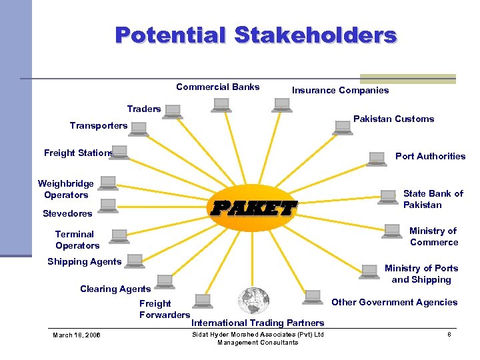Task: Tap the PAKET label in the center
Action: [253, 209]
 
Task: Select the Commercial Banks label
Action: [218, 87]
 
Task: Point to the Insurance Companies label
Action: [340, 90]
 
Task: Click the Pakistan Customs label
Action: [393, 119]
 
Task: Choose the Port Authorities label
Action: [430, 156]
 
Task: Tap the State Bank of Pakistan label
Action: [433, 199]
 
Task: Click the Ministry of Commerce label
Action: [433, 236]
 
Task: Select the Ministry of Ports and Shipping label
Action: [421, 273]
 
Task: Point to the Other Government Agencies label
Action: [394, 302]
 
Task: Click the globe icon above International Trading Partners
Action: [253, 301]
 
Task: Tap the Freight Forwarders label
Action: [164, 309]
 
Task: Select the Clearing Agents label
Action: [115, 289]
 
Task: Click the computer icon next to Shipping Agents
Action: [135, 261]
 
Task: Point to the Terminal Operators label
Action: [77, 239]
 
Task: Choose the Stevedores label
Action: [67, 214]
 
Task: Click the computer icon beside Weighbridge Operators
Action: [107, 183]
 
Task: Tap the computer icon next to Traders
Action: [173, 111]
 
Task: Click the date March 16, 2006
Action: [77, 335]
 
